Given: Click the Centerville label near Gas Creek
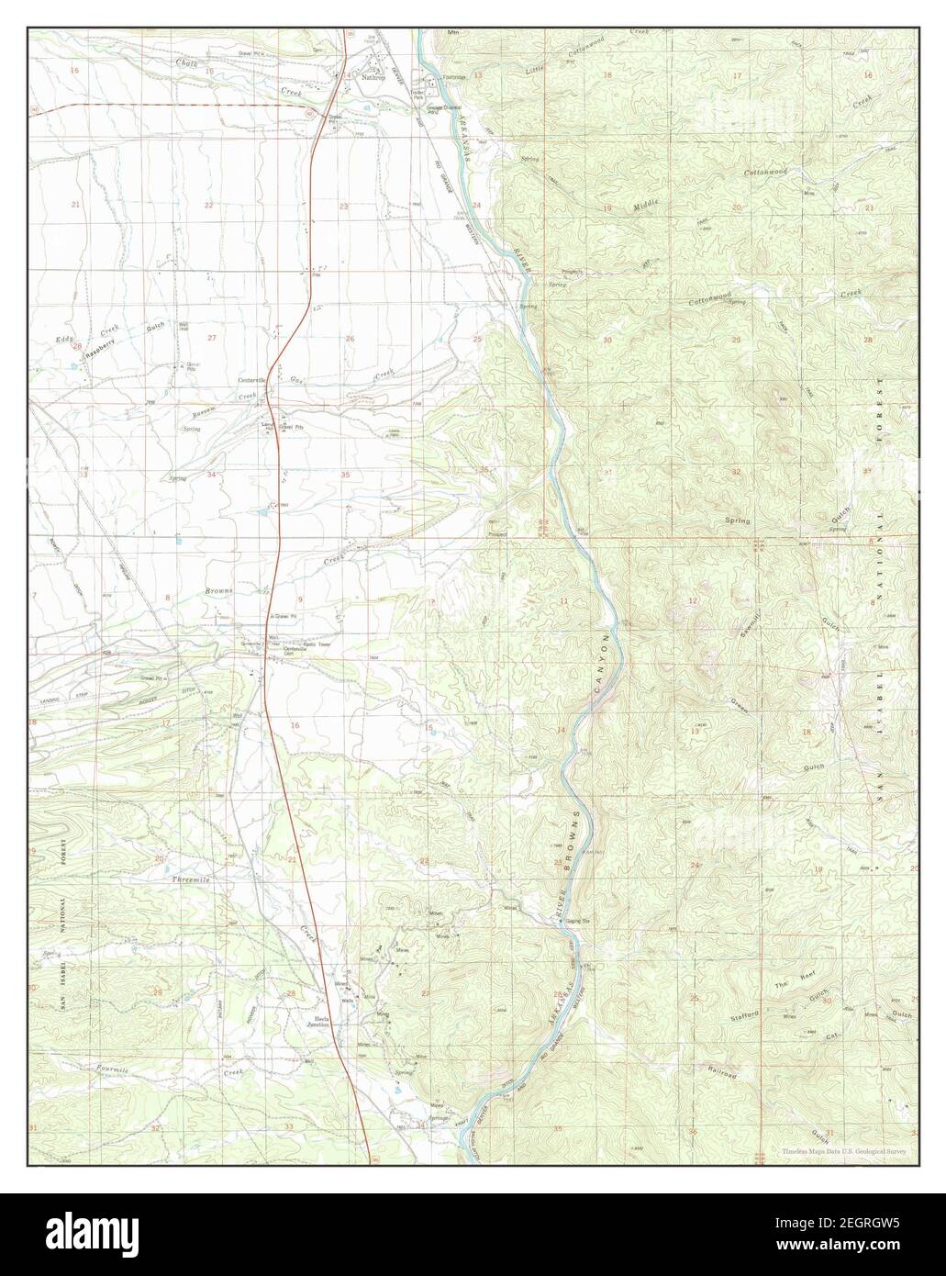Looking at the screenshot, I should coord(253,379).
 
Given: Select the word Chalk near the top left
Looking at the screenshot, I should coord(186,63).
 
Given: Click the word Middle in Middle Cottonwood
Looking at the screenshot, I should coord(646,207).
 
